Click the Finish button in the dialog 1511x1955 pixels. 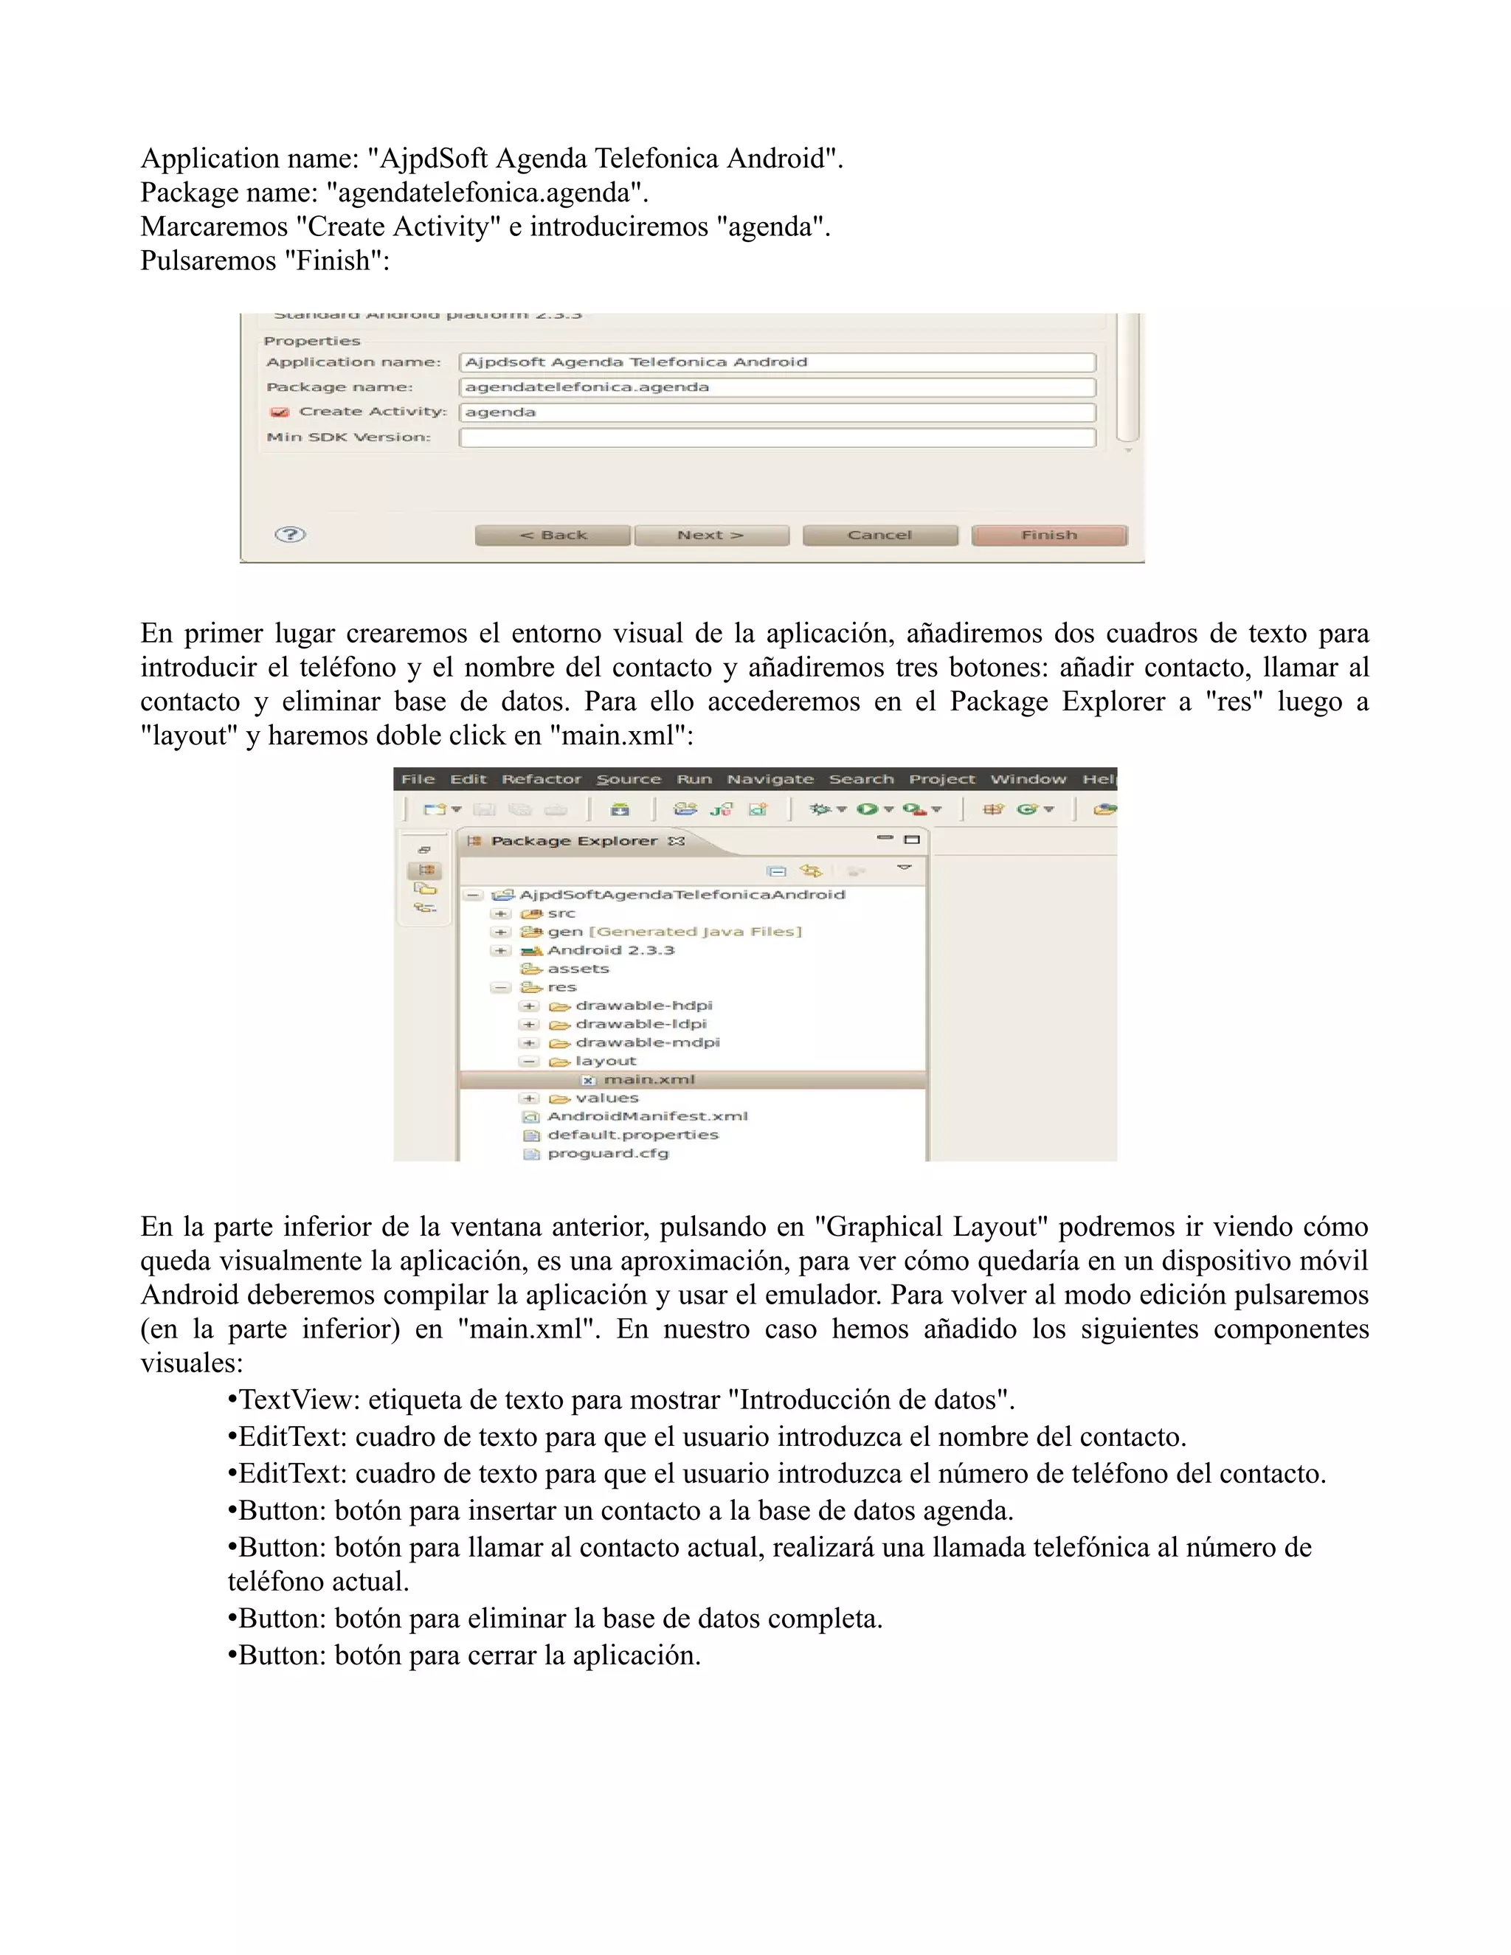tap(1048, 536)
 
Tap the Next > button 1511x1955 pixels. tap(710, 536)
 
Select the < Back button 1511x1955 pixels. tap(553, 536)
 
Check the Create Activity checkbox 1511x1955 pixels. tap(280, 412)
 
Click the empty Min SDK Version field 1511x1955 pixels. tap(776, 437)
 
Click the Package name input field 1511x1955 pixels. tap(776, 387)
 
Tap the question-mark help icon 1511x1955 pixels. tap(290, 534)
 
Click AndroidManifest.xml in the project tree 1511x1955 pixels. tap(646, 1116)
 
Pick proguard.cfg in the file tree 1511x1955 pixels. tap(607, 1153)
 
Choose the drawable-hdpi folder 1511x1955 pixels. tap(643, 1006)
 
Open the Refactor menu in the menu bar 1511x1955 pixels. tap(541, 779)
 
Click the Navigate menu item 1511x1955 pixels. tap(770, 779)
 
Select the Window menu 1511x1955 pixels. tap(1028, 779)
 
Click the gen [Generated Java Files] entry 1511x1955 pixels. tap(673, 931)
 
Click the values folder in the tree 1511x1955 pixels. tap(606, 1098)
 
